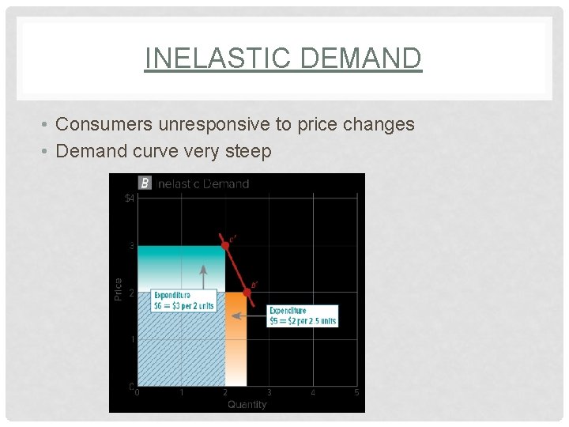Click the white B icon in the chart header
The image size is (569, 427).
(145, 183)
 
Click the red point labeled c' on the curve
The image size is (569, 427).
(225, 245)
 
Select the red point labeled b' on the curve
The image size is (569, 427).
(247, 292)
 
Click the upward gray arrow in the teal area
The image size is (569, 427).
(204, 277)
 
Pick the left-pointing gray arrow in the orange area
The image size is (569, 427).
(252, 316)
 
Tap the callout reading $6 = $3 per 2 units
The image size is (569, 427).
(184, 300)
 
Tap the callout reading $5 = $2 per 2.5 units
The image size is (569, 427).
(303, 316)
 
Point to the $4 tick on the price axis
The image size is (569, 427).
(130, 198)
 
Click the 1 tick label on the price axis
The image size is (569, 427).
(131, 340)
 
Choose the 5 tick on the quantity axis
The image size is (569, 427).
(356, 392)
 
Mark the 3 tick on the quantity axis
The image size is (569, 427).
(269, 392)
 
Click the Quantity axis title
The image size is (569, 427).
(247, 404)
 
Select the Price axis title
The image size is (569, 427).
(119, 289)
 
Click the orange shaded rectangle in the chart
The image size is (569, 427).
(236, 348)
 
